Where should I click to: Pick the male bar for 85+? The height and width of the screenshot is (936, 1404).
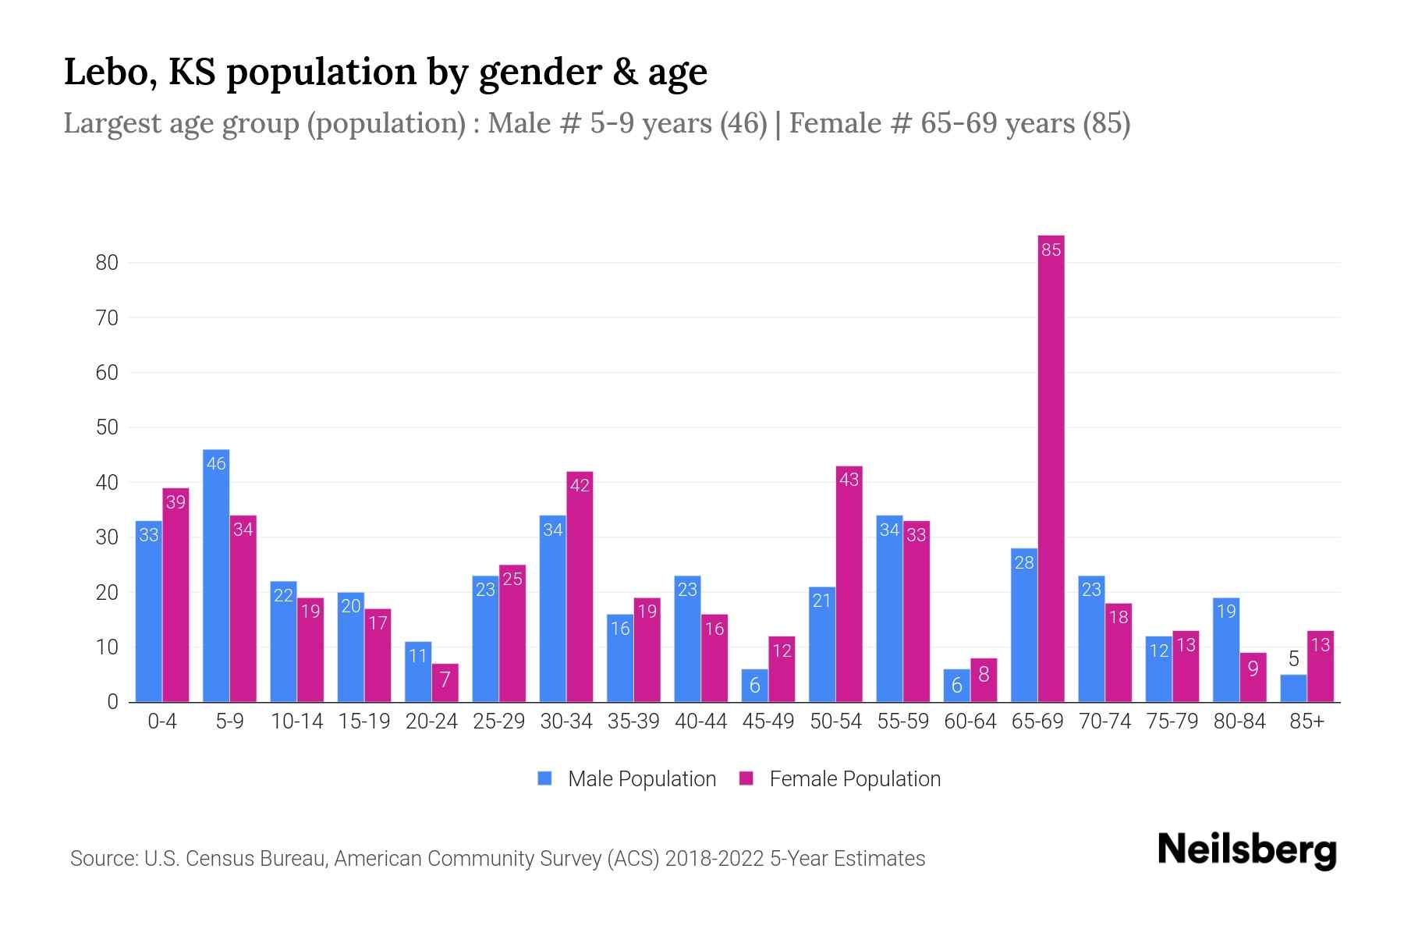pyautogui.click(x=1293, y=689)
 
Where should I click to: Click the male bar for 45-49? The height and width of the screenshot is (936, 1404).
pyautogui.click(x=754, y=686)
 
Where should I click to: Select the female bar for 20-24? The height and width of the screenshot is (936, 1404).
pyautogui.click(x=445, y=683)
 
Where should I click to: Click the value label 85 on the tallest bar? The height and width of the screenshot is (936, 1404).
pyautogui.click(x=1051, y=250)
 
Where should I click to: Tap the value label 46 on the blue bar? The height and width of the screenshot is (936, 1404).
pyautogui.click(x=216, y=463)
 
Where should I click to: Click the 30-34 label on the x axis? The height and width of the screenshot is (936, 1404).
pyautogui.click(x=566, y=721)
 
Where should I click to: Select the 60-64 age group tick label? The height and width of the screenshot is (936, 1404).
pyautogui.click(x=970, y=721)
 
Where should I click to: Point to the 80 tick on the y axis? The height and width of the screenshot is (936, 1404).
pyautogui.click(x=107, y=263)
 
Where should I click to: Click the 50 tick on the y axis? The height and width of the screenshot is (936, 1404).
pyautogui.click(x=107, y=427)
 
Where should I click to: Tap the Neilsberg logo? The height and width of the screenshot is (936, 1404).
pyautogui.click(x=1246, y=850)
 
